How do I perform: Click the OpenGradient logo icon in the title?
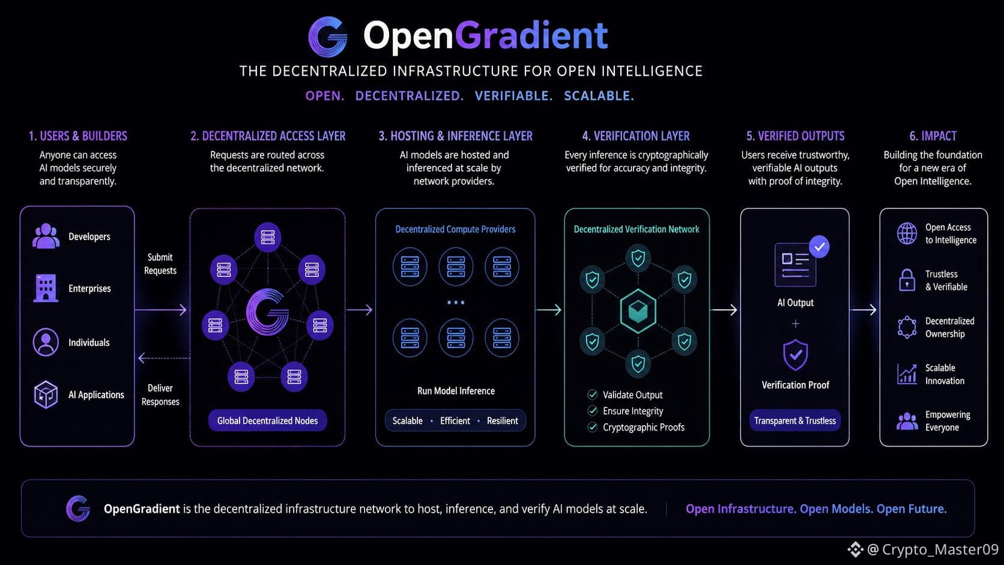328,37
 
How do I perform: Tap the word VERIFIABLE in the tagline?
513,96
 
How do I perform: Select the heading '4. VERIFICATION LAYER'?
635,136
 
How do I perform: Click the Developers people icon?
46,236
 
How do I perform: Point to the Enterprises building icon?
46,288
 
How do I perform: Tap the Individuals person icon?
46,342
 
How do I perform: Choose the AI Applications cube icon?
46,394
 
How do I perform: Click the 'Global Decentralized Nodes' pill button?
268,421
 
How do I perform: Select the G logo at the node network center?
268,312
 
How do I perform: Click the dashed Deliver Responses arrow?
164,358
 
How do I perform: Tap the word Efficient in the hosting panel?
455,421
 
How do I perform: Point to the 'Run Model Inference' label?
456,391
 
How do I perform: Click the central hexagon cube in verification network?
638,311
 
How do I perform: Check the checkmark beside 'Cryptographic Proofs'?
593,427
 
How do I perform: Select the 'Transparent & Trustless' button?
794,421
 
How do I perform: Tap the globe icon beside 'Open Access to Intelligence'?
907,234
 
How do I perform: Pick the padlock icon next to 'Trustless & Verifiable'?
907,280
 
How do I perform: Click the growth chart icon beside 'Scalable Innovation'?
907,374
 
